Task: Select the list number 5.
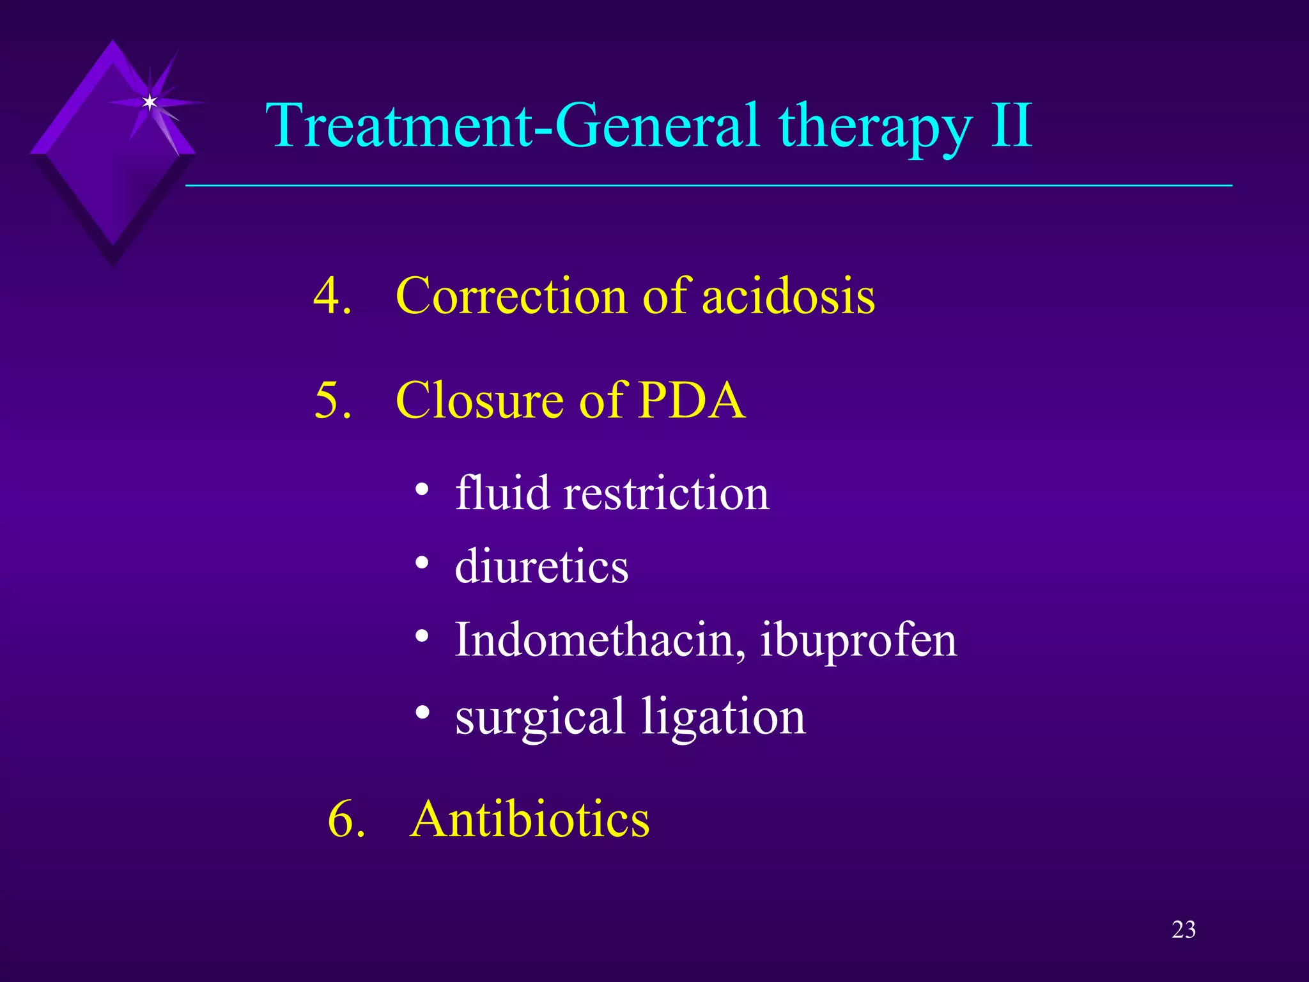click(332, 400)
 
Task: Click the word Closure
click(481, 400)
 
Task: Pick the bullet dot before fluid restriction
click(421, 490)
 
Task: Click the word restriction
click(666, 494)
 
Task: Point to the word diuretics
click(541, 566)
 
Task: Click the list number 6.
click(346, 819)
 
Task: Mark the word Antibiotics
click(529, 819)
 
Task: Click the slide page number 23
click(1183, 930)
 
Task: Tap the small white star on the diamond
click(150, 102)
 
